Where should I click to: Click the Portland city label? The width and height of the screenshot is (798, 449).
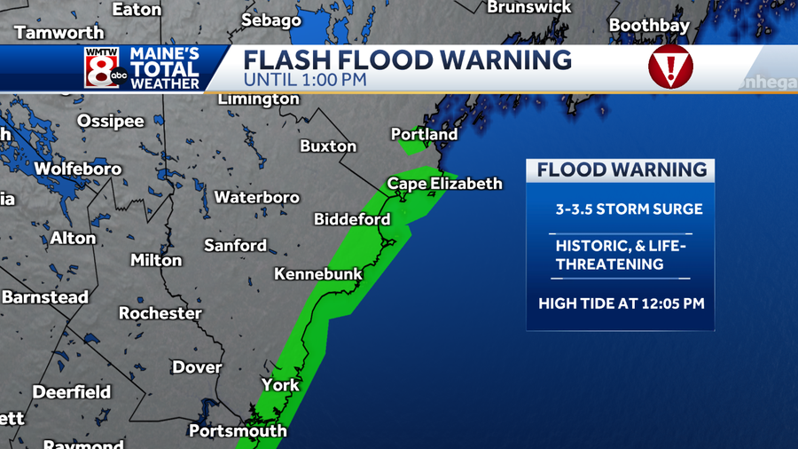pos(424,134)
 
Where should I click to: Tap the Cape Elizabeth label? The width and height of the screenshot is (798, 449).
pos(444,184)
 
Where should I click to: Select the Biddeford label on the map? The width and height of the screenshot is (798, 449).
pos(352,219)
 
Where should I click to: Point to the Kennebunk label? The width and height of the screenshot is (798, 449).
pos(318,274)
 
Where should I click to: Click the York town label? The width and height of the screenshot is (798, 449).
pos(280,385)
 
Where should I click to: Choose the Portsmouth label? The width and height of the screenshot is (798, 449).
pos(238,431)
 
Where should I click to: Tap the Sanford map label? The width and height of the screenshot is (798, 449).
pos(235,245)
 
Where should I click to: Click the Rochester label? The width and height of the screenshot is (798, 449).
pos(160,313)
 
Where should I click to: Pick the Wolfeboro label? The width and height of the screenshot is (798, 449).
pos(78,169)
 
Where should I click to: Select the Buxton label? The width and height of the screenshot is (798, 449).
pos(328,146)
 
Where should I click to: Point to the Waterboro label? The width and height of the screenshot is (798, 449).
pos(257,197)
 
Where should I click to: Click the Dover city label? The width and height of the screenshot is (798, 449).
pos(197,366)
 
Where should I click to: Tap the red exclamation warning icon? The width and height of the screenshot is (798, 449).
pos(670,67)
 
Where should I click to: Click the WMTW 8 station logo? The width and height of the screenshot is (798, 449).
pos(103,67)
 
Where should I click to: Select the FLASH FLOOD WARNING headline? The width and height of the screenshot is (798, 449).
pos(408,60)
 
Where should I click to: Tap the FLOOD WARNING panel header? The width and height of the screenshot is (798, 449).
pos(622,170)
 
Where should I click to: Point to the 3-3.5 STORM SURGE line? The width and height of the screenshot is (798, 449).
pos(629,209)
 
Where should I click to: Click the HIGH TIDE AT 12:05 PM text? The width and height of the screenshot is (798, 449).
pos(622,303)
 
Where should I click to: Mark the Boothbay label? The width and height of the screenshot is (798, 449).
pos(649,26)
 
